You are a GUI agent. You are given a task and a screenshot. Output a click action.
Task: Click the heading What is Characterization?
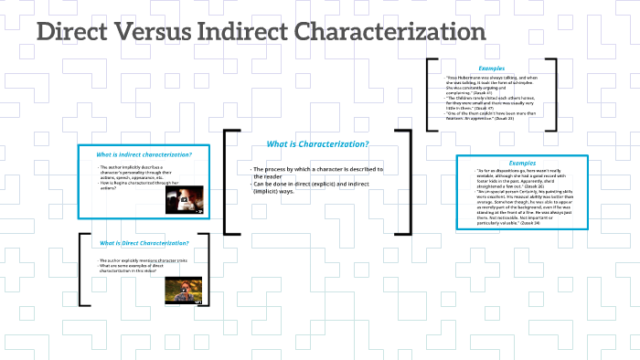(x=317, y=144)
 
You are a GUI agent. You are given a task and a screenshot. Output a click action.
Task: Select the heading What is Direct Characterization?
(x=144, y=243)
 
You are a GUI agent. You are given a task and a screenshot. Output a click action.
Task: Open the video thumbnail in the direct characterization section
(x=183, y=290)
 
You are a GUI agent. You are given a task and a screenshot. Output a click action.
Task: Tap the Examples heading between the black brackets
(x=491, y=69)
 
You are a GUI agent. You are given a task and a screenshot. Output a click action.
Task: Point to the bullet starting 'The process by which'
(x=316, y=174)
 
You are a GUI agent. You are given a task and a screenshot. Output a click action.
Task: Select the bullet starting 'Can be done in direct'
(x=315, y=188)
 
